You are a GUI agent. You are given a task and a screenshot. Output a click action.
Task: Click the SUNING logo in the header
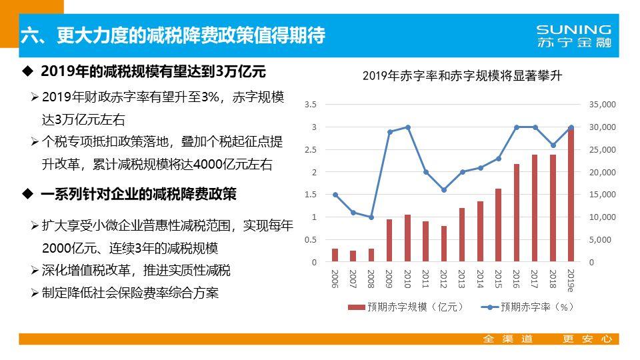click(x=573, y=35)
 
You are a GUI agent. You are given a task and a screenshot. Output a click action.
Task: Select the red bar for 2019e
click(x=571, y=195)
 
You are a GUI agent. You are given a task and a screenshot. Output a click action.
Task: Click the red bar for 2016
click(x=516, y=213)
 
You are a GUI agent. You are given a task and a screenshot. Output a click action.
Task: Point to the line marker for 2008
click(x=371, y=217)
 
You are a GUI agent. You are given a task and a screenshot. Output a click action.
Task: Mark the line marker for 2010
click(x=407, y=127)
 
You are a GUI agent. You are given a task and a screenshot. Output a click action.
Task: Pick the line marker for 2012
click(x=444, y=190)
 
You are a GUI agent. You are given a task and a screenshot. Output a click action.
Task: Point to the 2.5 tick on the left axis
click(x=310, y=150)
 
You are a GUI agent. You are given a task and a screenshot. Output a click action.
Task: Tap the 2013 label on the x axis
click(x=461, y=279)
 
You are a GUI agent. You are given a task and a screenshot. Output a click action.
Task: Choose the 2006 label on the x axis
click(x=335, y=279)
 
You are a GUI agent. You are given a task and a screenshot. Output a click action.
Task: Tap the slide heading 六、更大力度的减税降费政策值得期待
click(x=173, y=36)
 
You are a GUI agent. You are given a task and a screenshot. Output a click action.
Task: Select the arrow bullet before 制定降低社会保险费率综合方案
click(x=35, y=293)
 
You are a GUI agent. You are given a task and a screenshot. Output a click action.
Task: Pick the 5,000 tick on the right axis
click(x=602, y=240)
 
